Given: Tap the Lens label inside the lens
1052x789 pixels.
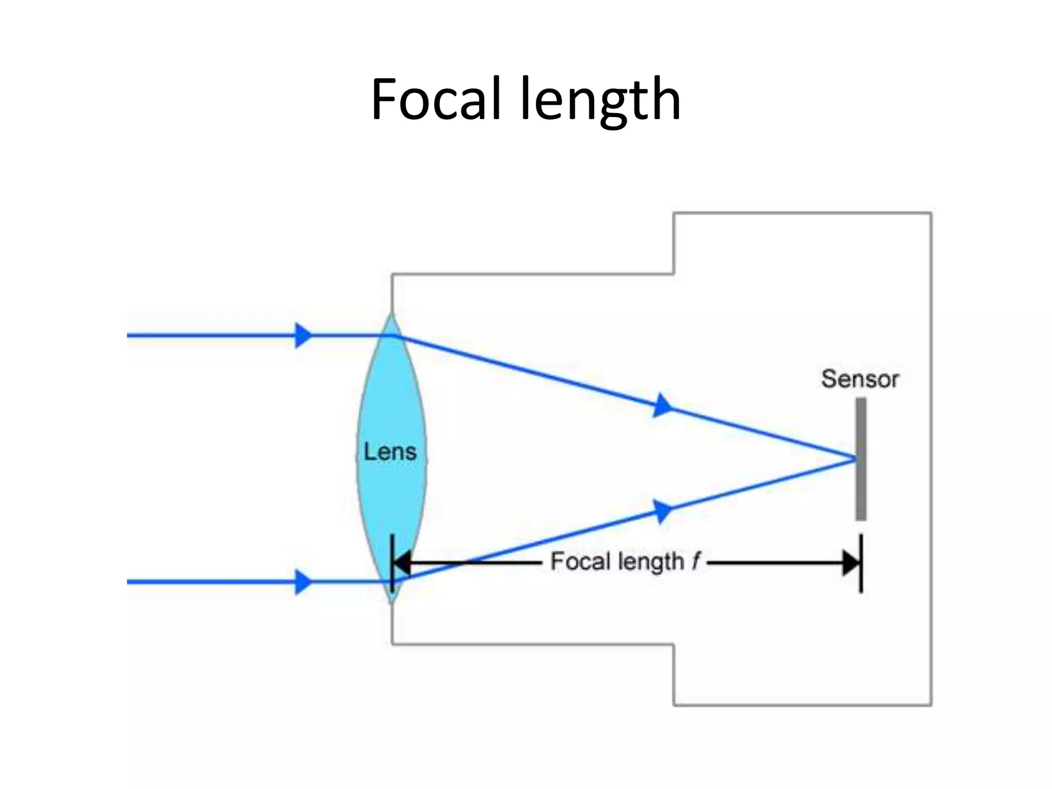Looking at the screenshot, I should point(390,452).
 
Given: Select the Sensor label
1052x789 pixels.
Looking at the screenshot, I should point(860,379).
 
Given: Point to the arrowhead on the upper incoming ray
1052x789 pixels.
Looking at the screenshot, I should point(303,335).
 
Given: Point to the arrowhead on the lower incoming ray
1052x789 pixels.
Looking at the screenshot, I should point(303,582).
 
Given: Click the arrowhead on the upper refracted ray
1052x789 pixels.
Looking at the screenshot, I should point(663,405).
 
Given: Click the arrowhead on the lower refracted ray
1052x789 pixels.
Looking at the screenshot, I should point(663,512).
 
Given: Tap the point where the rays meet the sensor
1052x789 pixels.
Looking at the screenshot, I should point(855,458).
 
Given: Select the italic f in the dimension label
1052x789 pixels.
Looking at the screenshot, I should point(696,561).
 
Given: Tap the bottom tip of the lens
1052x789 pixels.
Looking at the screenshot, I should point(392,602).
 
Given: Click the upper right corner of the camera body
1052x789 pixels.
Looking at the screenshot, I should point(931,213).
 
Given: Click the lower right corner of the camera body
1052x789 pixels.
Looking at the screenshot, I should point(931,704).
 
